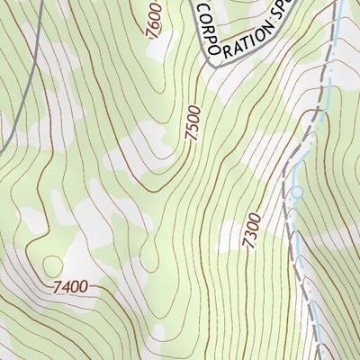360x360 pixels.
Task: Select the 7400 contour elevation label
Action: click(70, 286)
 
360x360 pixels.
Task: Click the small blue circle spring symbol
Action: click(295, 192)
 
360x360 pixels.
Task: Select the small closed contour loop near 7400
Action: click(52, 265)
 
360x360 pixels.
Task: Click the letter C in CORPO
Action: click(202, 8)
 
